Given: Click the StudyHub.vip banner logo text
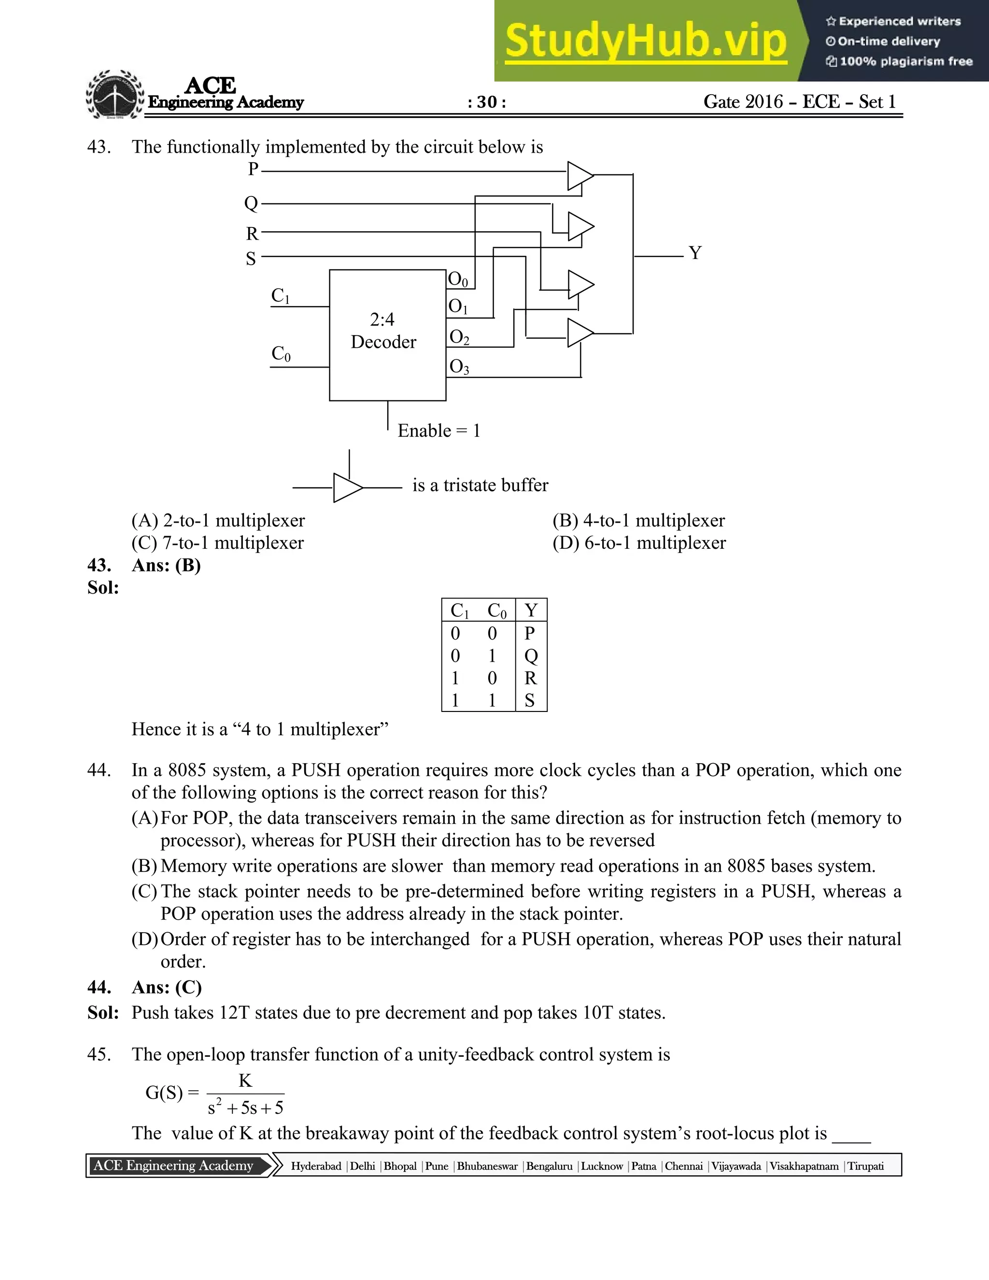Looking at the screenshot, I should point(645,41).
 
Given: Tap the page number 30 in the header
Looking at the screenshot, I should point(486,102).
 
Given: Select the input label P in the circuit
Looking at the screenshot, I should point(253,170).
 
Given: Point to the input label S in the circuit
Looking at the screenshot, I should point(251,258).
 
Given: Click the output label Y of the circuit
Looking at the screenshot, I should point(695,253).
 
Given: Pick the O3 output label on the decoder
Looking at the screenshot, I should point(459,367).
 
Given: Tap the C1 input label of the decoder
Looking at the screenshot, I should point(280,296).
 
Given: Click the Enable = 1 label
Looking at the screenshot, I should point(439,431).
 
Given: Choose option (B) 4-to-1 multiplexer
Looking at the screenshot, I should point(638,520).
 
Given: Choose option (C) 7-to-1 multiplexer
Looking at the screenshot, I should point(217,543).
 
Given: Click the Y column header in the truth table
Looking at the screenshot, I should point(531,611).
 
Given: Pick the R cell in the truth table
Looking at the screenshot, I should point(530,678).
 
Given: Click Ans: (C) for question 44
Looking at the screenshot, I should point(167,988).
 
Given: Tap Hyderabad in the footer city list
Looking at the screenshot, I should point(316,1166).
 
